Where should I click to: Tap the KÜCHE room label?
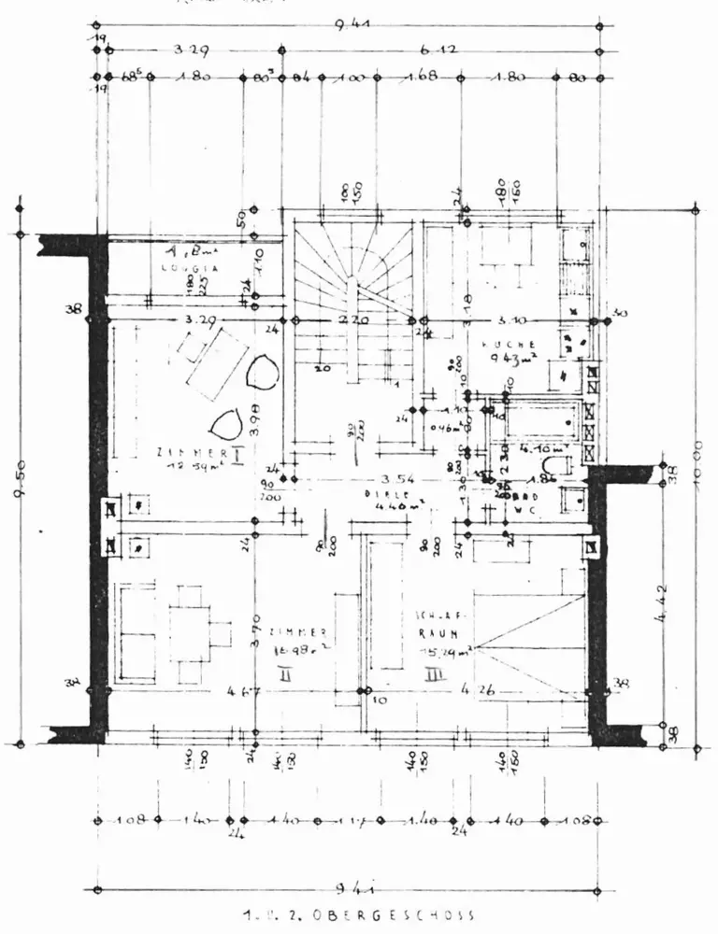(x=509, y=345)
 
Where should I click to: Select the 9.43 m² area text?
(x=509, y=360)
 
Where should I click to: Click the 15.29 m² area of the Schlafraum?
(x=442, y=646)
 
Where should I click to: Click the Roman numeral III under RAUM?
(x=432, y=672)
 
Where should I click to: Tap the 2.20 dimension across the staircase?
(x=347, y=320)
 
